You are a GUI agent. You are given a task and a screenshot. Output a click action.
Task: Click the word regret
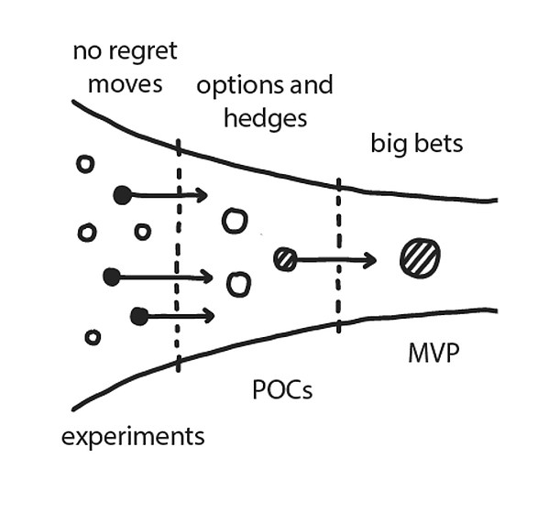(143, 52)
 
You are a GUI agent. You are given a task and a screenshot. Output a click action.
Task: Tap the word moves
(126, 84)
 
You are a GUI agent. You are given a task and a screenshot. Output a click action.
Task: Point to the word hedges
(266, 119)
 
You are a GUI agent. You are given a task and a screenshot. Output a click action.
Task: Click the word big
(389, 144)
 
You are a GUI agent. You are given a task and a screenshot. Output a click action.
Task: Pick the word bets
(438, 144)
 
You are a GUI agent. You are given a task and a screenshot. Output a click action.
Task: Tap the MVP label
(434, 353)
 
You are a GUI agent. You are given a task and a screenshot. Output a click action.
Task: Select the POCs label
(282, 389)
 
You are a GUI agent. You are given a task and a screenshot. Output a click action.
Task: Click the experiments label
(133, 437)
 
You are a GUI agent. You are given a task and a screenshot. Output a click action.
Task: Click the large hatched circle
(420, 258)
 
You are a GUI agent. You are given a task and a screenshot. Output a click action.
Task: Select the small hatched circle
(285, 259)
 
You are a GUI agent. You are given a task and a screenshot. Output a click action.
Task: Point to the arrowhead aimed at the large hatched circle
(371, 260)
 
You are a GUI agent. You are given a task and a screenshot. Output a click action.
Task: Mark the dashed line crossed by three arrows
(179, 256)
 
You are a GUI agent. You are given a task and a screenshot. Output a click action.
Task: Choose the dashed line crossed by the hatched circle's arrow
(338, 256)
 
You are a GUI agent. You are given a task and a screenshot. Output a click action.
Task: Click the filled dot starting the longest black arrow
(112, 278)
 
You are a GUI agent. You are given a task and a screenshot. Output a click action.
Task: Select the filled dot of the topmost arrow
(123, 195)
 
